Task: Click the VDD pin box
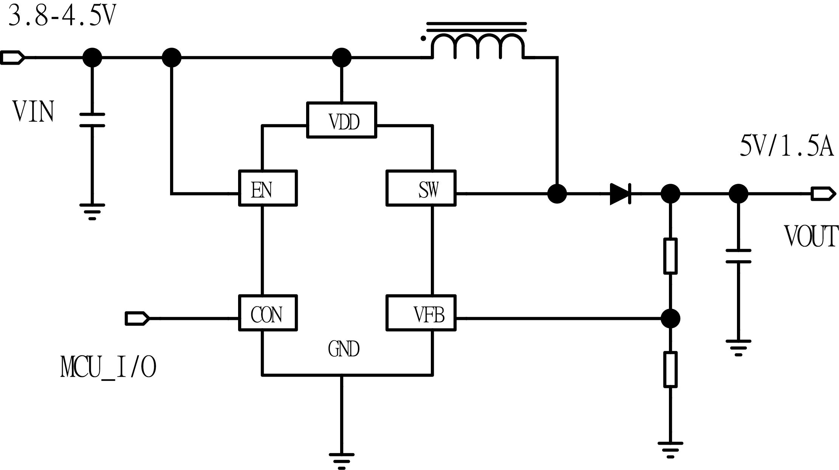click(341, 120)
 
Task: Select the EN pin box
click(268, 188)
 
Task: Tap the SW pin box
click(421, 188)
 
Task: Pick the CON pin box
click(268, 313)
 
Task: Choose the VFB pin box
click(421, 313)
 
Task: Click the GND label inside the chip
click(344, 349)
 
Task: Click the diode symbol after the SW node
click(620, 194)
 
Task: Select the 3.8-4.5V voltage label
click(61, 17)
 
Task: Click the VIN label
click(33, 112)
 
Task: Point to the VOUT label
click(811, 237)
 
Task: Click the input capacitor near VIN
click(92, 120)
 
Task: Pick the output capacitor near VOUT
click(738, 256)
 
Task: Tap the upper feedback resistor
click(670, 256)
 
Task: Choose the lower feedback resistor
click(670, 369)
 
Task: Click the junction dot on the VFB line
click(670, 318)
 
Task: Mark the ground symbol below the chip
click(341, 459)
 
